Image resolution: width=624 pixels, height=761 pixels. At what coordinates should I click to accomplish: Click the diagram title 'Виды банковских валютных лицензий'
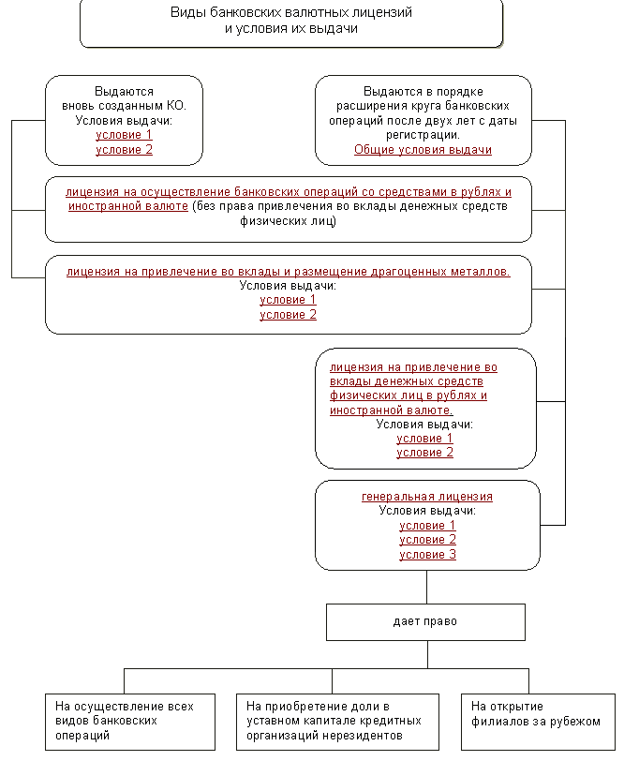[291, 12]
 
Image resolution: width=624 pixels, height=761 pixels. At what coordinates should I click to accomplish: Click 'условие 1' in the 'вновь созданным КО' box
[125, 134]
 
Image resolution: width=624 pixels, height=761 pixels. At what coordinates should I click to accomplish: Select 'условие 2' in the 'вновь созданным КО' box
[125, 150]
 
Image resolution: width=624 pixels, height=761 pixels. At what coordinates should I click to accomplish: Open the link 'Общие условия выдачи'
[423, 150]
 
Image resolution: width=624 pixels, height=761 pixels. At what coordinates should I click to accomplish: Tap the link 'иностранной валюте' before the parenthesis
[128, 206]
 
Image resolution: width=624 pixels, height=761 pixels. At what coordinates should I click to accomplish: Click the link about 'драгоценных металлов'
[289, 271]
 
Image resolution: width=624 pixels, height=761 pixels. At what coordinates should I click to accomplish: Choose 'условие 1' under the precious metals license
[288, 300]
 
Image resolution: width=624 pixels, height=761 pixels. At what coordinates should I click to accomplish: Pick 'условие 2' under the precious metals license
[288, 315]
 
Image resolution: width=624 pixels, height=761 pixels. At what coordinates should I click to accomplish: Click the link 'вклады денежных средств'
[407, 381]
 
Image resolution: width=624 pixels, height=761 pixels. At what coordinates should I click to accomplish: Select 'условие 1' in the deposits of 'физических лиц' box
[424, 439]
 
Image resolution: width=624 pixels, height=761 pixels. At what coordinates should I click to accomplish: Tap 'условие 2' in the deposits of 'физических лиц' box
[424, 453]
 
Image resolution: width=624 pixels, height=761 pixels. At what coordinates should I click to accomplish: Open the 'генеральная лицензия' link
[427, 497]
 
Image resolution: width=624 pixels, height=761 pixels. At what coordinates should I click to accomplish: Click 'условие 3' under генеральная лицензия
[427, 554]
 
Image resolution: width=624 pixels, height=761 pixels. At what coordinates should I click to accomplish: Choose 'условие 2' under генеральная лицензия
[427, 540]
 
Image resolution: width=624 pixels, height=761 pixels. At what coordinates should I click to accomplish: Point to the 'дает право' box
[425, 622]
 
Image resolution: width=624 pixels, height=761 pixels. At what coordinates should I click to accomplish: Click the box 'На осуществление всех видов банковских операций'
[130, 722]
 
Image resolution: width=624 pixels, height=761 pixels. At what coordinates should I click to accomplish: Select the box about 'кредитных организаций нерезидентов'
[337, 722]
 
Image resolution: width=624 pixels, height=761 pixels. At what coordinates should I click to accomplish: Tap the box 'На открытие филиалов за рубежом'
[538, 722]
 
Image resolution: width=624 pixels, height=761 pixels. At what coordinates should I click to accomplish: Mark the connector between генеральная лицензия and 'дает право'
[427, 587]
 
